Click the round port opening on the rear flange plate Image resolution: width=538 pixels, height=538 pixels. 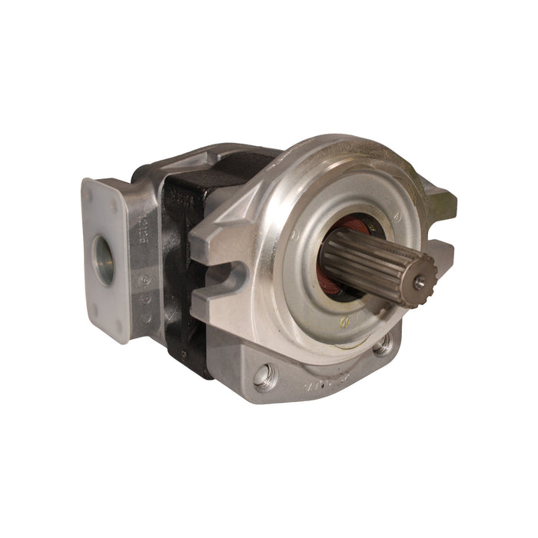[103, 259]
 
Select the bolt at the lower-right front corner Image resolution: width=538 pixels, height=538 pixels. [381, 347]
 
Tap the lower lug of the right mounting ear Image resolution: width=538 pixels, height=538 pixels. [437, 251]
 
